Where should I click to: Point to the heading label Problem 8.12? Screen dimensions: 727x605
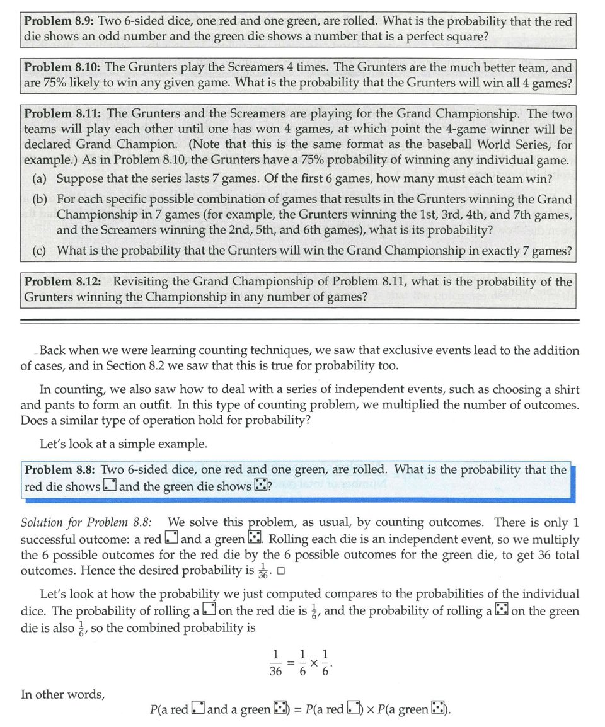pos(62,282)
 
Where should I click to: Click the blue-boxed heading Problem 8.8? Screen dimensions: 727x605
pos(60,470)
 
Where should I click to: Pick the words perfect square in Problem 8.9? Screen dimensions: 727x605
pos(450,37)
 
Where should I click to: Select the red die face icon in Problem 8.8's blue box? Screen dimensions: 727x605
pos(110,486)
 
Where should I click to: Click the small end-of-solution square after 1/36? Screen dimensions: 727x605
pos(281,572)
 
